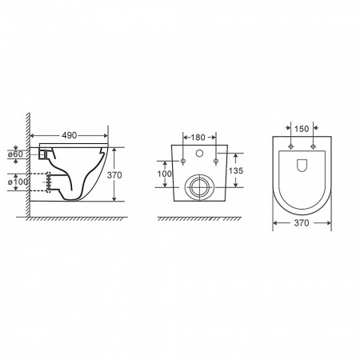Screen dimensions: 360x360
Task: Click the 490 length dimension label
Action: (70, 135)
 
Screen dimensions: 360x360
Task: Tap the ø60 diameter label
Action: (15, 154)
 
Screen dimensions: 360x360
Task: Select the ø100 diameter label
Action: (18, 182)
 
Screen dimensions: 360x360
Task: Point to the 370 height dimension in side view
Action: (114, 175)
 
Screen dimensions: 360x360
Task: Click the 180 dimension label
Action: (198, 138)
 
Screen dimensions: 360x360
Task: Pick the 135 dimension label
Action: (236, 170)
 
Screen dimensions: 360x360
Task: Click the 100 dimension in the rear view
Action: (165, 174)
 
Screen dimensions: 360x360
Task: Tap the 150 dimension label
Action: (302, 129)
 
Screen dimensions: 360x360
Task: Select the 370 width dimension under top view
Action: (302, 223)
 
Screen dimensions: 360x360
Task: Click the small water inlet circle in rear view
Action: (199, 153)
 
